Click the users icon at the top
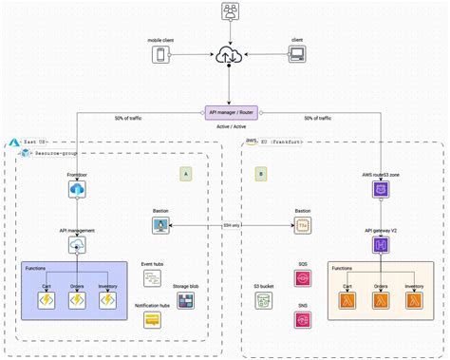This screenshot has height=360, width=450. (229, 11)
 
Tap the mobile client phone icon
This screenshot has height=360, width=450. (160, 56)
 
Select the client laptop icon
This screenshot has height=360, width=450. (296, 56)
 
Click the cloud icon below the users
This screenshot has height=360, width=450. (229, 56)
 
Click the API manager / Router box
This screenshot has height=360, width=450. (229, 112)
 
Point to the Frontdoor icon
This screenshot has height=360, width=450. (78, 190)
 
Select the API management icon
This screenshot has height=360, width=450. (78, 244)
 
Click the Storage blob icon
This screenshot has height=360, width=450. (186, 300)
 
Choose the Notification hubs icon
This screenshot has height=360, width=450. (153, 321)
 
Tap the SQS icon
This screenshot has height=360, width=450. (303, 277)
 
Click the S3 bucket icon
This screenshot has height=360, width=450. (264, 300)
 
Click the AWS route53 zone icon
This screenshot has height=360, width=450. (380, 190)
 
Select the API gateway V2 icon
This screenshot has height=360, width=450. (380, 244)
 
